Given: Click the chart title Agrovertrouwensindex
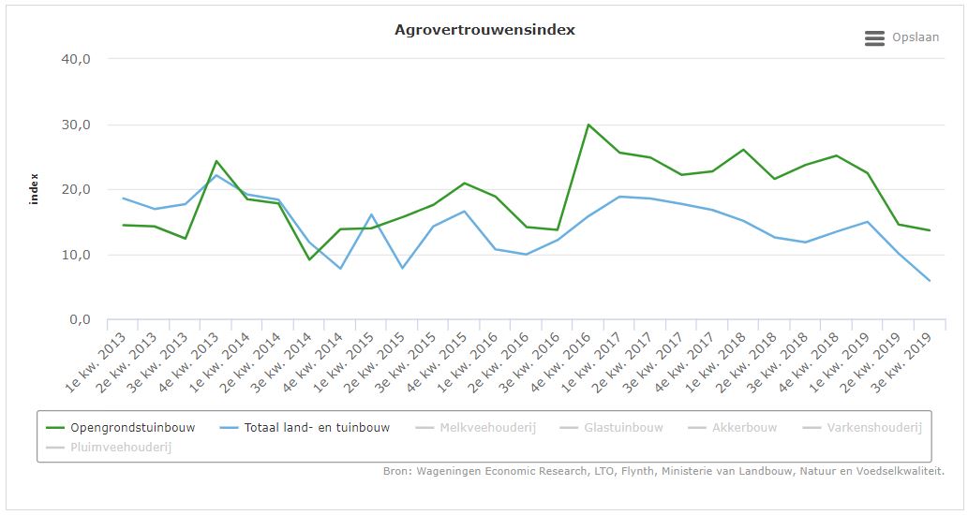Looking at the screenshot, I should pos(484,30).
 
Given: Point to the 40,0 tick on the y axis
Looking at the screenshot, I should pos(74,59).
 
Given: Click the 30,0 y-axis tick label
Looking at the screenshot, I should pos(74,125).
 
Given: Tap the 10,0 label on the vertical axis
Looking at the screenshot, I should pos(74,255).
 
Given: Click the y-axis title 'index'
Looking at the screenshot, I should pos(35,189).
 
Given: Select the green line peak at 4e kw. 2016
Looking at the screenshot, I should pos(588,125).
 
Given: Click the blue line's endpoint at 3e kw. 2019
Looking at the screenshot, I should pos(930,281).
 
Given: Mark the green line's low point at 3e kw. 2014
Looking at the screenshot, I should pos(309,259).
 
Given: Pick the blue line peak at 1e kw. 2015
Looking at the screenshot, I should pos(371,214).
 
